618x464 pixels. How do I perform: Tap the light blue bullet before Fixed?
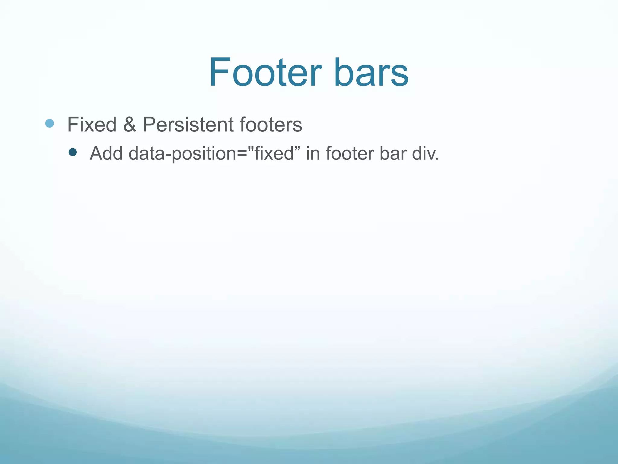49,123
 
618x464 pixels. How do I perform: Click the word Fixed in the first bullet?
92,124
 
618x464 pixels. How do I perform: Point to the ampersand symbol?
129,124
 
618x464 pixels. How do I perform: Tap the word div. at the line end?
425,153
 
